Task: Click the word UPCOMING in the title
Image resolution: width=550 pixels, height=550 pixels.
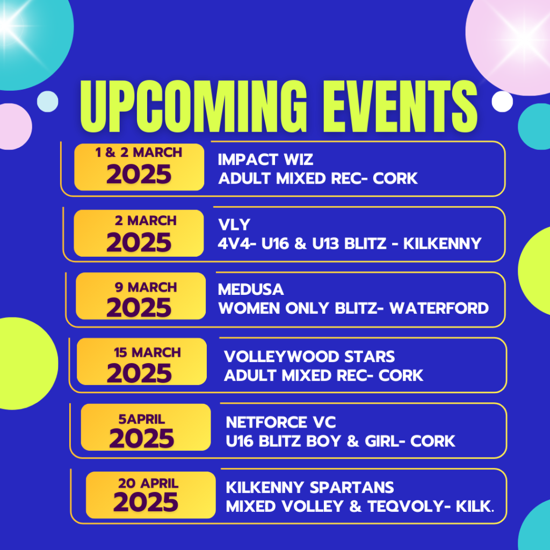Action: pos(193,106)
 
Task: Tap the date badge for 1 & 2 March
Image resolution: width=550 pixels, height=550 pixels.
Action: pos(139,167)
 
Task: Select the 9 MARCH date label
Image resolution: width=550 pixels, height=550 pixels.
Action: pos(146,287)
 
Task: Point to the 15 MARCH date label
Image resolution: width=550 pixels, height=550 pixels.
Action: pos(147,352)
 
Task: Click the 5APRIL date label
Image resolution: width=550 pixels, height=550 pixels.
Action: pos(142,419)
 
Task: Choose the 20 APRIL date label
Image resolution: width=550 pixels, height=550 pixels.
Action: pos(148,483)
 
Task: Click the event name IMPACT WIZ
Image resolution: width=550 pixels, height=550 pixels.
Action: pos(265,160)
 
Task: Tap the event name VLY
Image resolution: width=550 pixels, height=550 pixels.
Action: pos(234,225)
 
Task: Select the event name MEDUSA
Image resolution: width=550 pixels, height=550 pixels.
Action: pos(251,290)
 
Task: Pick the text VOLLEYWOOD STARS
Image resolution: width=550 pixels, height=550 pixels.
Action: pos(309,357)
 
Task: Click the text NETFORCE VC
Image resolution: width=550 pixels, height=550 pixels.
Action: pos(281,422)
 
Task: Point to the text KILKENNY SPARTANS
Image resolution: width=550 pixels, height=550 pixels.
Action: pos(310,487)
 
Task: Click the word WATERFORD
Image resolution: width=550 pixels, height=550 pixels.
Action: pos(439,308)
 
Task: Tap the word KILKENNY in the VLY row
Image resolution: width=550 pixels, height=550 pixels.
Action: pos(443,243)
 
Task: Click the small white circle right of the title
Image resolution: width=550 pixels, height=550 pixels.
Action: pos(502,102)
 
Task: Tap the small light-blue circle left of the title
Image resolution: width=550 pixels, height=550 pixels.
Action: pos(48,102)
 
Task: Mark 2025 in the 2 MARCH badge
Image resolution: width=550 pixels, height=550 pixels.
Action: pos(139,242)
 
